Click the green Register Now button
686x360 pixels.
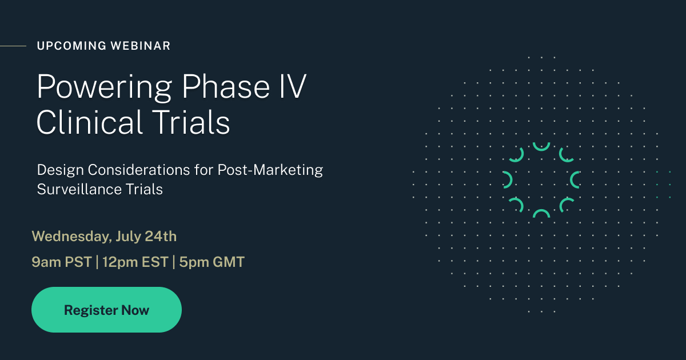point(106,310)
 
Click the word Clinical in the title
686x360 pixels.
point(89,122)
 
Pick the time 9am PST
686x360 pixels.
point(62,262)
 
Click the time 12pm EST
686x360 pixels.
point(135,262)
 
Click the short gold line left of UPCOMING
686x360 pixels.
point(13,46)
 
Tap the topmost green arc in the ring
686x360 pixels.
point(541,147)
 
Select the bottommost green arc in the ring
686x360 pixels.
point(541,213)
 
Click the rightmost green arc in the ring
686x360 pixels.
point(575,179)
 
